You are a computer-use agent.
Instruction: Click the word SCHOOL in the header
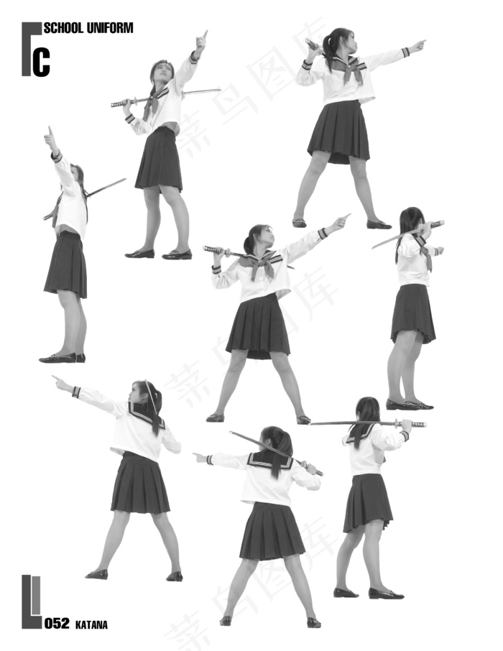click(63, 28)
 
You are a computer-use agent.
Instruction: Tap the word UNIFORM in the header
click(110, 28)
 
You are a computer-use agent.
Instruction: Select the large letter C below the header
click(41, 62)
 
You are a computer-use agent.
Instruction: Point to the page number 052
click(57, 623)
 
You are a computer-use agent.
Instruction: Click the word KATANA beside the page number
click(91, 625)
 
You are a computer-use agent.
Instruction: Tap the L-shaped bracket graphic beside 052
click(32, 601)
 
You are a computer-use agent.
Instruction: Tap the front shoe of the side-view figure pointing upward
click(57, 358)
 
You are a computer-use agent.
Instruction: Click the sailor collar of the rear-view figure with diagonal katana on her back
click(270, 461)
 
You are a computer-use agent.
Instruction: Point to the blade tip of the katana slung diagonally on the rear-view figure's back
click(231, 433)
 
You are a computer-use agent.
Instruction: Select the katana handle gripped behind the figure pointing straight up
click(121, 103)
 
